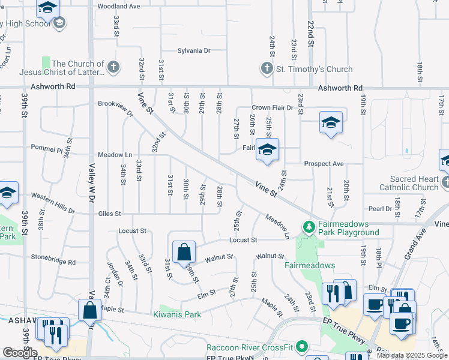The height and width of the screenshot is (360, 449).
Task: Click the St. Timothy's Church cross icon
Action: point(267,68)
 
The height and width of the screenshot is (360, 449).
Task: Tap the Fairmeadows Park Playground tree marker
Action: point(309,227)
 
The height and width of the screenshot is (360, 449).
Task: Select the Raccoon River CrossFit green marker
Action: point(302,347)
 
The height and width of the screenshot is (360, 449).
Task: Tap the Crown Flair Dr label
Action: point(272,108)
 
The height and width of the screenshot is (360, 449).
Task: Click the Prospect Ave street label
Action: point(324,163)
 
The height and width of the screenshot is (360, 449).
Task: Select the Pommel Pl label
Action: point(47,149)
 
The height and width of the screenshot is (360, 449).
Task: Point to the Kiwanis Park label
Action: point(177,314)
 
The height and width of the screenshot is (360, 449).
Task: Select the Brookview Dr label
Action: point(115,106)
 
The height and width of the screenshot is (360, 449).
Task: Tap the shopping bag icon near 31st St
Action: point(184,251)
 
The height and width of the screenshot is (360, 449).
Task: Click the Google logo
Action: point(20,353)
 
